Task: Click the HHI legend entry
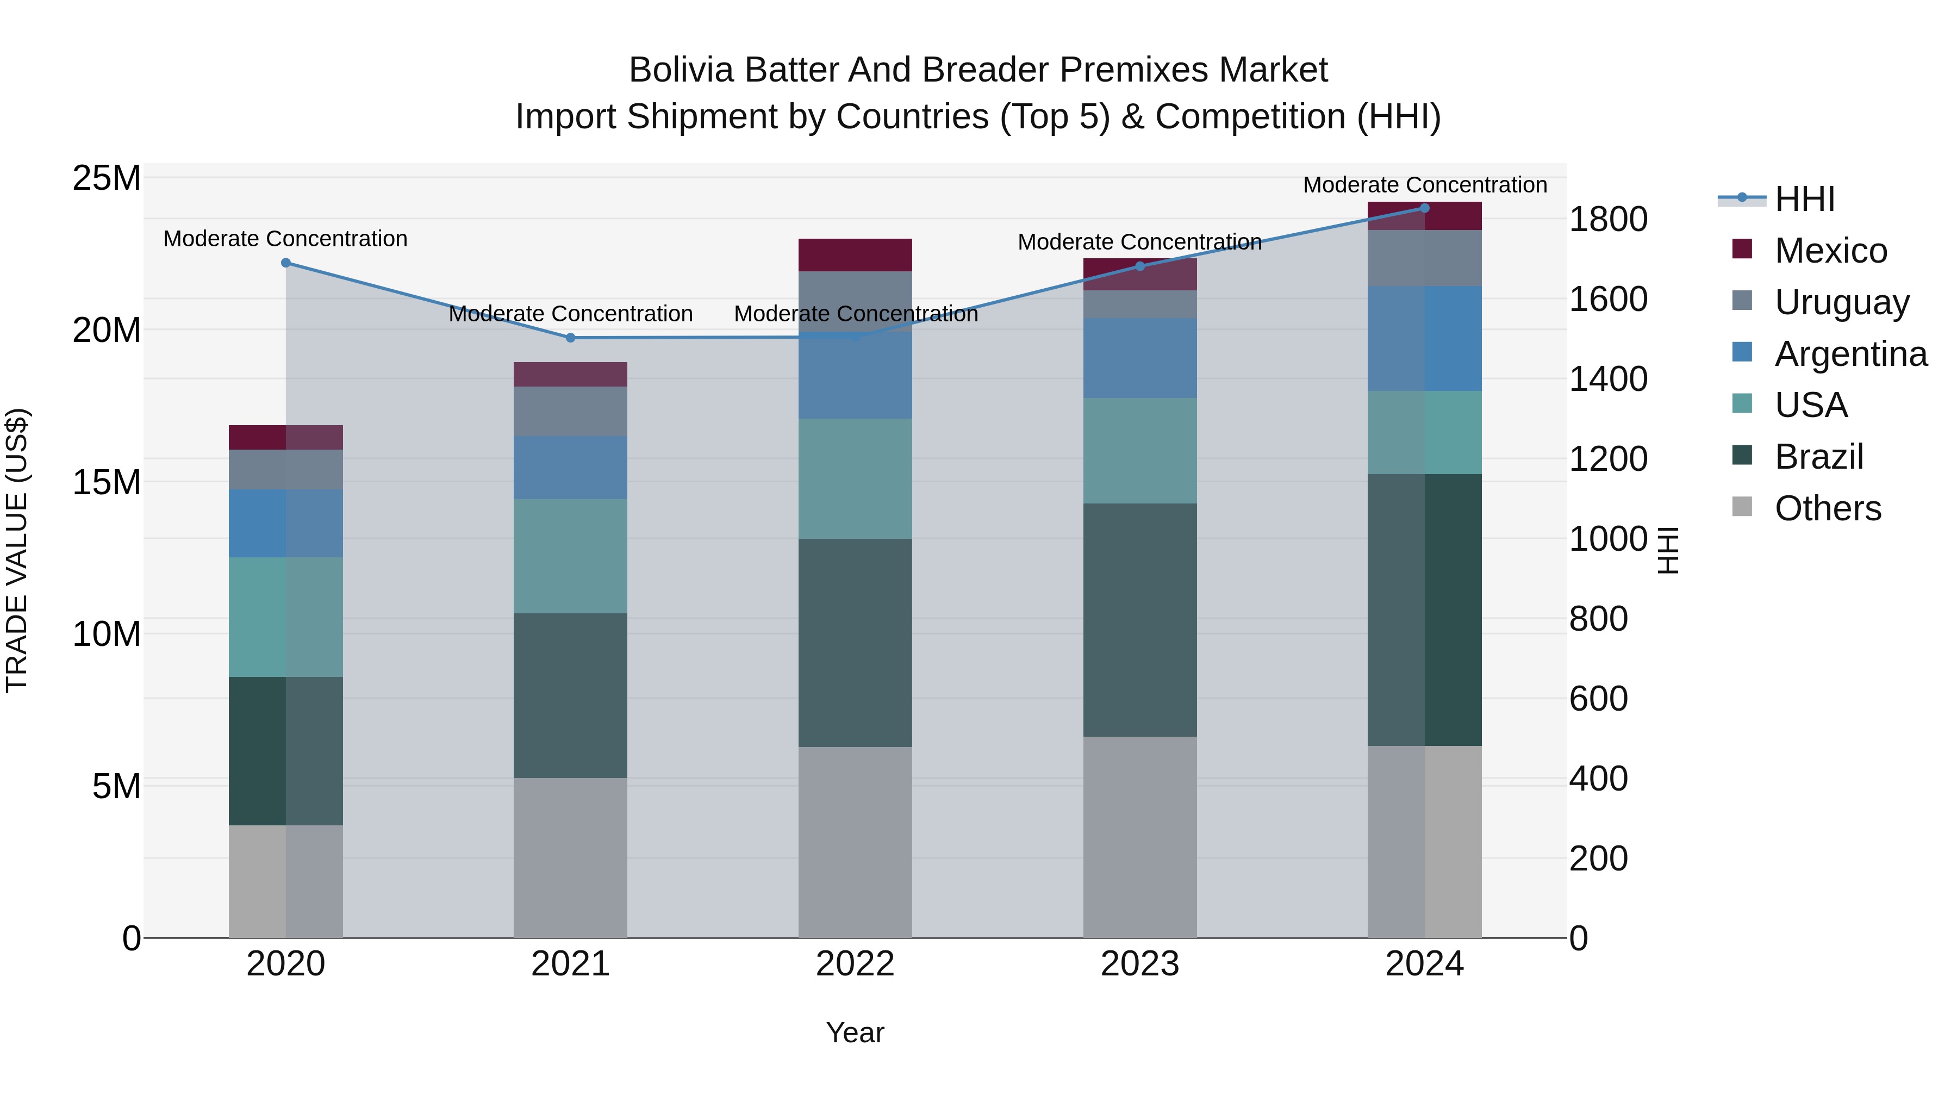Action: pos(1804,199)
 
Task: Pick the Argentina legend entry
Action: pos(1850,354)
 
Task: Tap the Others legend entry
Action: pos(1827,508)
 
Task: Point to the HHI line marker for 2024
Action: pos(1424,208)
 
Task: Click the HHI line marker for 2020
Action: pos(285,263)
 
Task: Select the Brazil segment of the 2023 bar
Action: pos(1139,619)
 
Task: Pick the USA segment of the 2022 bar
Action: pos(855,478)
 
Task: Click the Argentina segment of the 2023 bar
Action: pos(1139,358)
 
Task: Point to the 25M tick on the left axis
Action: pos(107,178)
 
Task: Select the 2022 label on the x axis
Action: pos(855,964)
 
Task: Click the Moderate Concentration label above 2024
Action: pos(1424,185)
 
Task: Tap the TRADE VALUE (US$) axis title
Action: pos(17,550)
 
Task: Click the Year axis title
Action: pos(855,1032)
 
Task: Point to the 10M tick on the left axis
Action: pos(107,634)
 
